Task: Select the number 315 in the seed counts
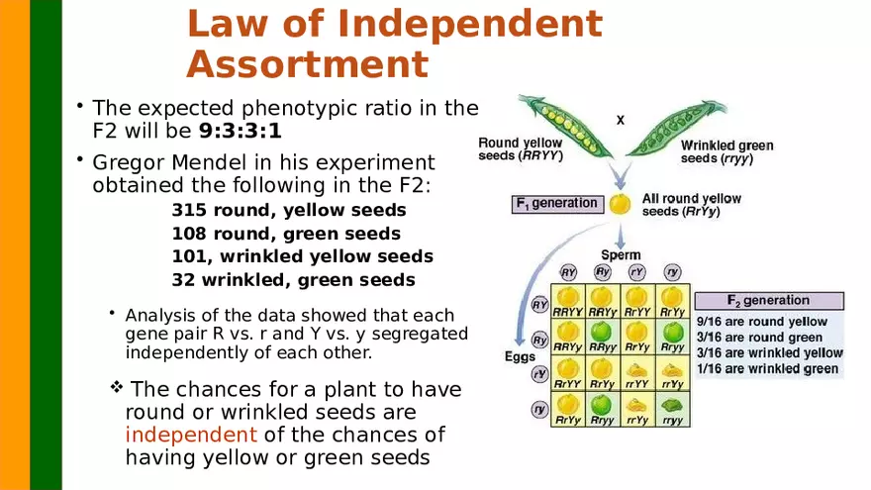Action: pos(189,210)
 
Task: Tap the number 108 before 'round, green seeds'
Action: pos(190,234)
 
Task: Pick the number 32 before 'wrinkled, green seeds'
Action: pos(183,279)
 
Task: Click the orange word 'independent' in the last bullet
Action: pos(191,435)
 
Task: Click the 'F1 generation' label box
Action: pos(556,204)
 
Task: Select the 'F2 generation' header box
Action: pos(769,301)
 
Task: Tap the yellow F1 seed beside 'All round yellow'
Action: pos(620,205)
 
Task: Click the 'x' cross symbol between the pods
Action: pos(621,120)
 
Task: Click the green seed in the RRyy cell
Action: pos(602,335)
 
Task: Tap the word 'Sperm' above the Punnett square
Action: pos(621,255)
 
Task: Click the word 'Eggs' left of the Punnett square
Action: pos(520,357)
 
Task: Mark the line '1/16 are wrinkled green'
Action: pos(768,369)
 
